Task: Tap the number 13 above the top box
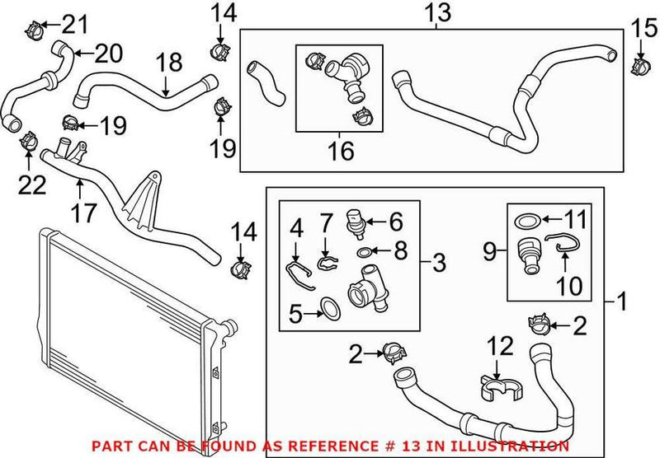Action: point(437,12)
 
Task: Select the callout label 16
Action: point(340,151)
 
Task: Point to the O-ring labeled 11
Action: point(529,220)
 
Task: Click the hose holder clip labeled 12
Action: point(493,388)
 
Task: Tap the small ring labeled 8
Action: point(364,252)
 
